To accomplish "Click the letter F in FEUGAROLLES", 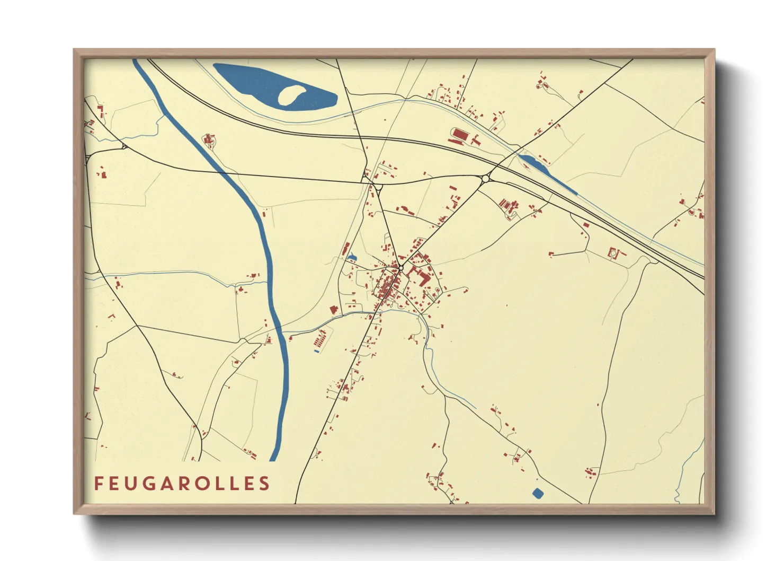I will click(x=98, y=483).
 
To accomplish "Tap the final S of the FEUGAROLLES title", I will click(x=264, y=483).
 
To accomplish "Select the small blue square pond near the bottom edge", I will click(x=538, y=493).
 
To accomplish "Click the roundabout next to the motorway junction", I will click(x=485, y=179).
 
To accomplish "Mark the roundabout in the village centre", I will click(x=401, y=269).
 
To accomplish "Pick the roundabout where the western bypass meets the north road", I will click(x=378, y=187).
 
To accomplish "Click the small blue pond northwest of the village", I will click(x=352, y=258).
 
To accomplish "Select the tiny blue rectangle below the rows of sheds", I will click(x=317, y=351).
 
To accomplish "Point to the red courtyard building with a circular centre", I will click(x=614, y=253).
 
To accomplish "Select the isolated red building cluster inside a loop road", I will click(x=209, y=141).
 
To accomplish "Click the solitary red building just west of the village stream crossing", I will click(x=334, y=310).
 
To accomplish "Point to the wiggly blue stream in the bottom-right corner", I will click(x=683, y=477).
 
